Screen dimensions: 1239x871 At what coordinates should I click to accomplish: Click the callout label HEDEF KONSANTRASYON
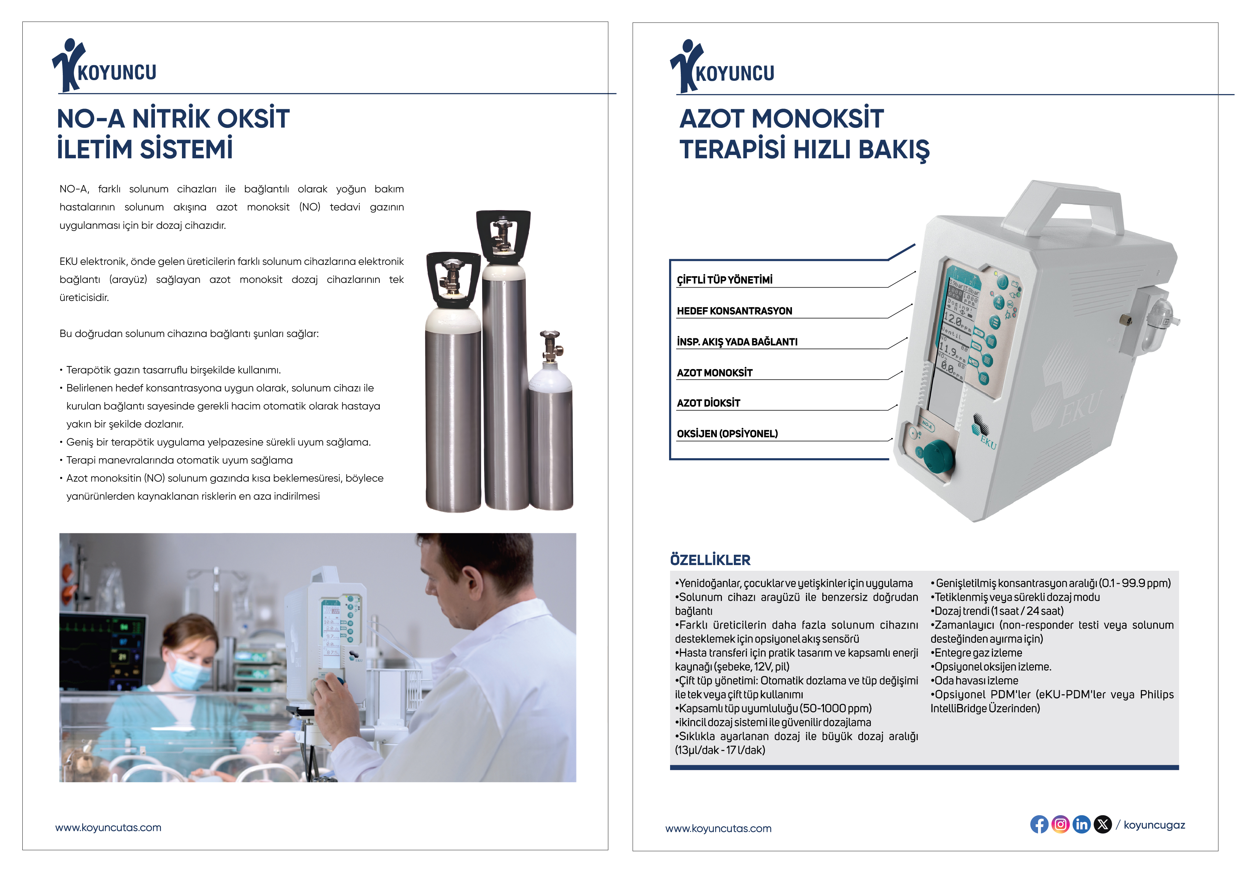pyautogui.click(x=735, y=311)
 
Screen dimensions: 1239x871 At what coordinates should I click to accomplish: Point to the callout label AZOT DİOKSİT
pyautogui.click(x=708, y=402)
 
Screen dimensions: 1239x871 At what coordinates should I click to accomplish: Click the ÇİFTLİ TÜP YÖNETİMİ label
pyautogui.click(x=725, y=280)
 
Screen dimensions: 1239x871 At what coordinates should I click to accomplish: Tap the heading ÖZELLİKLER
pyautogui.click(x=710, y=560)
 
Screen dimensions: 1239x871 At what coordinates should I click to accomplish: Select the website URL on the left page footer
pyautogui.click(x=108, y=827)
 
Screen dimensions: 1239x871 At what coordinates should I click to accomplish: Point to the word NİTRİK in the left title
pyautogui.click(x=171, y=119)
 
